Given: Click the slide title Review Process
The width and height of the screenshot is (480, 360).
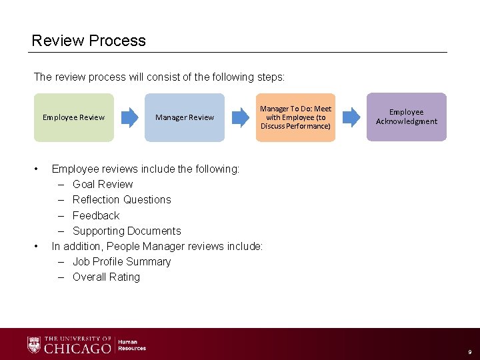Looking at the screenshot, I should (x=89, y=41).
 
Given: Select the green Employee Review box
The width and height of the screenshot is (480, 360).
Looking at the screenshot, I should (x=74, y=117).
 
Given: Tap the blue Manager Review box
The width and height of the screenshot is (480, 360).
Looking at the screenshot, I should (x=185, y=117).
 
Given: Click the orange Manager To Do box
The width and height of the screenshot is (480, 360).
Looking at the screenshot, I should (x=295, y=117).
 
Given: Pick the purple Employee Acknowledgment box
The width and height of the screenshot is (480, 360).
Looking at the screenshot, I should (x=407, y=117).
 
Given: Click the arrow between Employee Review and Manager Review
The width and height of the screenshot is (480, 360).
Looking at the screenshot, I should (x=129, y=117).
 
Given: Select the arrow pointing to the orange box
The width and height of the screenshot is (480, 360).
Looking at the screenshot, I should (x=240, y=117).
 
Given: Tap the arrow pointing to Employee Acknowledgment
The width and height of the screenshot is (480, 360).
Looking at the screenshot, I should (x=351, y=117).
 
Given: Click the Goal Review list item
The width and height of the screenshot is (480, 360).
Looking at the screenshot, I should (x=103, y=184).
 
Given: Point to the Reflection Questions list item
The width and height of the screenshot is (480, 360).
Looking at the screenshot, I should (x=121, y=199).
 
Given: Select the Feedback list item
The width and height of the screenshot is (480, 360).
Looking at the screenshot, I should (x=96, y=215).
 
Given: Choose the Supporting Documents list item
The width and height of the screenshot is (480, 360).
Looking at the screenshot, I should (x=127, y=231).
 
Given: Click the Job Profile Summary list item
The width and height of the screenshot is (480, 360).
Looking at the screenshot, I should (x=121, y=261).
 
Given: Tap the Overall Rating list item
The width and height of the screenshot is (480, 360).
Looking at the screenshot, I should (x=106, y=277).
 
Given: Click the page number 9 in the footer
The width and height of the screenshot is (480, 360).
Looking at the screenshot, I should (x=469, y=351).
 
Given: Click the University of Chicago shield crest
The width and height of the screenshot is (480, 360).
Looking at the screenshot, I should (x=34, y=345).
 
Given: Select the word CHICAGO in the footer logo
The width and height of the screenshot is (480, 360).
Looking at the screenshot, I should (x=77, y=347).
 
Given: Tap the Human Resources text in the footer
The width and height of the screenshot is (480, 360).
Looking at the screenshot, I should (x=132, y=345).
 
